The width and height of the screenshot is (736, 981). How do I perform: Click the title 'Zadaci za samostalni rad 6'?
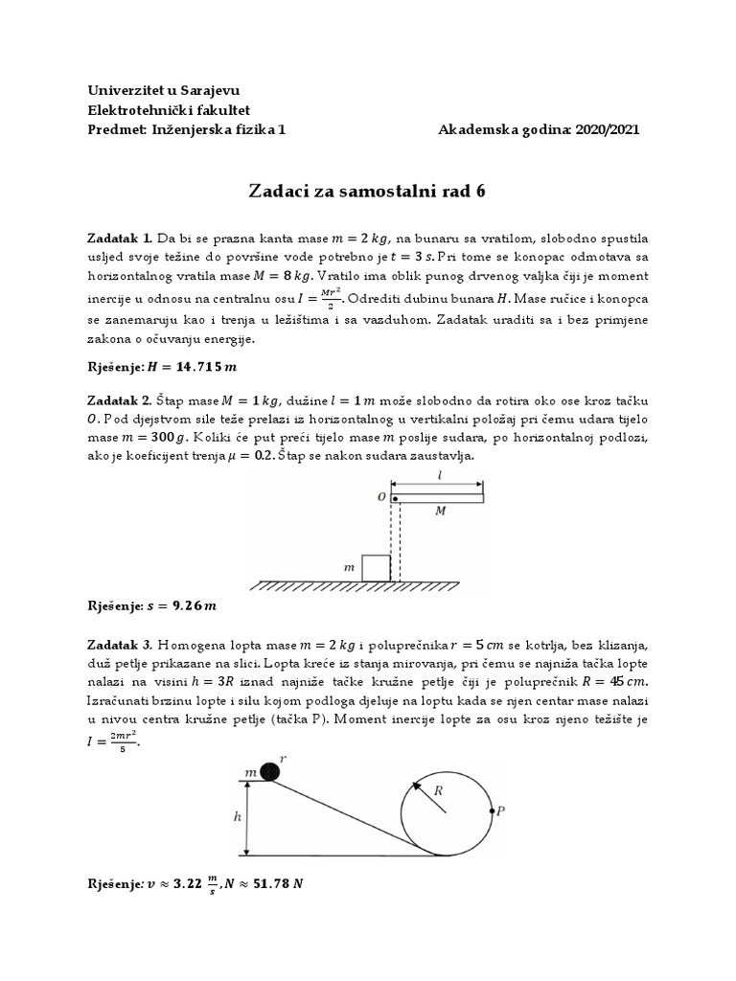point(368,191)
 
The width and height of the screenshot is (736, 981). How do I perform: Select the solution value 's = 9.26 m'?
point(180,605)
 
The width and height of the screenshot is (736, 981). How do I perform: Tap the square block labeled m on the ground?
point(376,568)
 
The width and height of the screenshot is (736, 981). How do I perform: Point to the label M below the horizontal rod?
point(440,512)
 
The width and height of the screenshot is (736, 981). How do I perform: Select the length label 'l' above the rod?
point(439,474)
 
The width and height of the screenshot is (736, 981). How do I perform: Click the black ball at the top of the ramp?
point(272,770)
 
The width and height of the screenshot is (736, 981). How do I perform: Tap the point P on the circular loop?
point(493,811)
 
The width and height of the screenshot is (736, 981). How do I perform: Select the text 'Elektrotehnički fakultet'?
point(169,110)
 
